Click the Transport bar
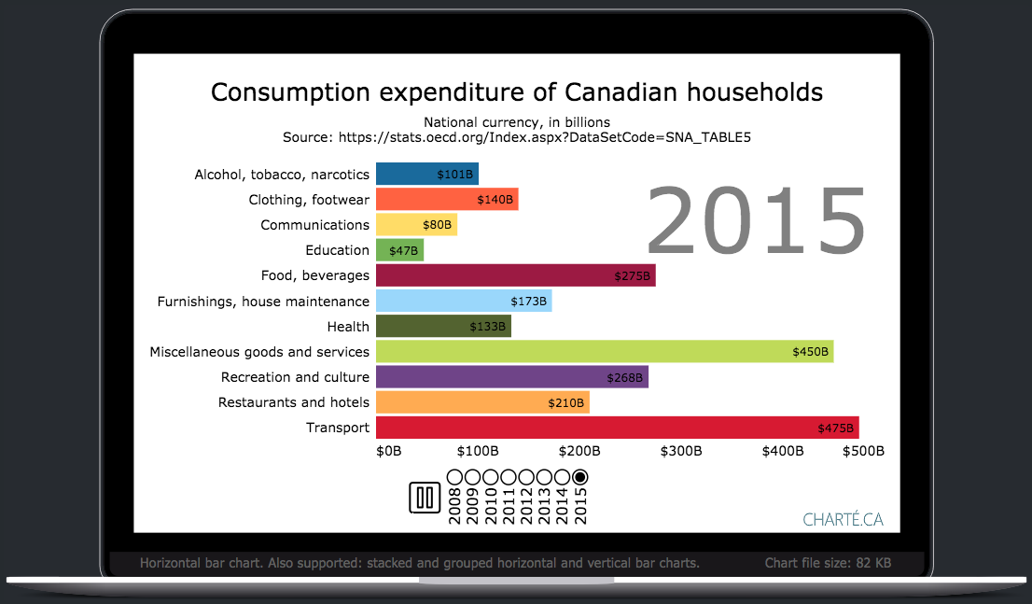click(616, 428)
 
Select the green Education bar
click(399, 250)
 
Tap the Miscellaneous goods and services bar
click(604, 352)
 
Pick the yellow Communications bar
click(416, 225)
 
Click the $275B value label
click(633, 276)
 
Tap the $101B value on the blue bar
click(455, 175)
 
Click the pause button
click(425, 498)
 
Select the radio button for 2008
click(454, 477)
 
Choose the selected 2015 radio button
click(580, 477)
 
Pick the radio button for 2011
click(509, 477)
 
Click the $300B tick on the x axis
click(680, 451)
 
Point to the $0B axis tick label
click(388, 451)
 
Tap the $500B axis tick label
click(862, 451)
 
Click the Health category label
click(348, 327)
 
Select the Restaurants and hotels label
click(294, 402)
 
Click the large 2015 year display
click(756, 222)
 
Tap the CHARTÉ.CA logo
click(843, 520)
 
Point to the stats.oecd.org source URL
click(544, 137)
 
